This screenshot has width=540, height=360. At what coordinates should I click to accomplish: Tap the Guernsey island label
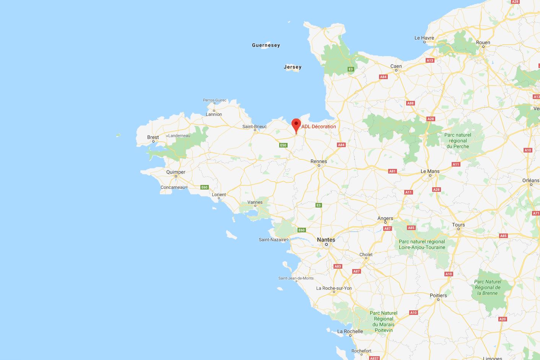pyautogui.click(x=266, y=45)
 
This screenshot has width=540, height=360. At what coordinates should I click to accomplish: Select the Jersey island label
pyautogui.click(x=293, y=67)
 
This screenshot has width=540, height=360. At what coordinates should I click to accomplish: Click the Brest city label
pyautogui.click(x=153, y=137)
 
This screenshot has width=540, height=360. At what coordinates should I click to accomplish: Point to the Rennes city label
pyautogui.click(x=319, y=161)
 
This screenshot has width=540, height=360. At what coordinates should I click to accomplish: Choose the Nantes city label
pyautogui.click(x=326, y=240)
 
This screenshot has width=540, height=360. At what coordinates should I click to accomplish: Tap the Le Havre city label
pyautogui.click(x=424, y=38)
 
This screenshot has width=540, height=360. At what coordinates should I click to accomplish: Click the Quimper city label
pyautogui.click(x=176, y=172)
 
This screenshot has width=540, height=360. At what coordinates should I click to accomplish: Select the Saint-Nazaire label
pyautogui.click(x=272, y=240)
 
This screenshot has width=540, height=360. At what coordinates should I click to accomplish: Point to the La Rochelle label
pyautogui.click(x=350, y=331)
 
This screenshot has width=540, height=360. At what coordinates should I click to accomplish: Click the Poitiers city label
pyautogui.click(x=438, y=295)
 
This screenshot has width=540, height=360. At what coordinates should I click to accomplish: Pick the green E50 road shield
pyautogui.click(x=283, y=145)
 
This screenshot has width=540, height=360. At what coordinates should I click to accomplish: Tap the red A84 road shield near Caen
pyautogui.click(x=383, y=77)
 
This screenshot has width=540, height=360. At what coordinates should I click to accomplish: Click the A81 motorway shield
pyautogui.click(x=392, y=171)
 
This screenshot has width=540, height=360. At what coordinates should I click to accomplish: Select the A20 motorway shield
pyautogui.click(x=503, y=319)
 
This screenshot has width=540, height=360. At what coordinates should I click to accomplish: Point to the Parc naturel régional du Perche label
pyautogui.click(x=458, y=141)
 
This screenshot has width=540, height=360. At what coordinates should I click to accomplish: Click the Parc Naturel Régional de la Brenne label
pyautogui.click(x=488, y=287)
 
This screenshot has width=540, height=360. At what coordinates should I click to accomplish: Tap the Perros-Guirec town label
pyautogui.click(x=215, y=100)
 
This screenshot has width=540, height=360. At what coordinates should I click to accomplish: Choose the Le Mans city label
pyautogui.click(x=430, y=171)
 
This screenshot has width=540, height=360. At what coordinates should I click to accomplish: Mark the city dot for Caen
pyautogui.click(x=396, y=70)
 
